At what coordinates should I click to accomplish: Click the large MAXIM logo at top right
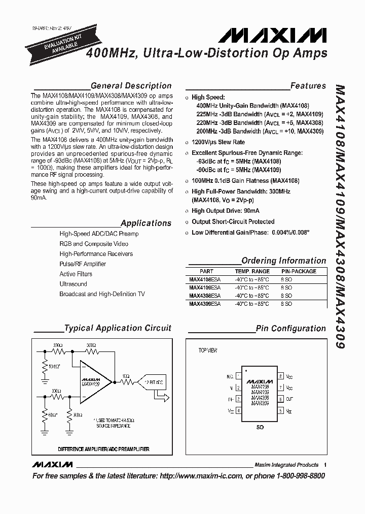coord(272,36)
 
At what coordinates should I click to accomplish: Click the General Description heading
coord(131,86)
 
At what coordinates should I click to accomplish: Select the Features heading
coord(308,86)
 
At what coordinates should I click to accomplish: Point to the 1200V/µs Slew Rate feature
coord(218,142)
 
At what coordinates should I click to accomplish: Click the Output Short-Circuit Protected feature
coord(233,221)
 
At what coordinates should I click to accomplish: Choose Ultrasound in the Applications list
coord(73,284)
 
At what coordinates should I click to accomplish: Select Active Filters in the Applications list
coord(76,274)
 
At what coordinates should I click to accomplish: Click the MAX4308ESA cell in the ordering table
coord(205,295)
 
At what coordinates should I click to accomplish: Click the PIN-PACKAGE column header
coord(299,271)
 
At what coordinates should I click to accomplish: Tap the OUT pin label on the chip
coord(289,400)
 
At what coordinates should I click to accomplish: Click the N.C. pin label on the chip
coord(230,377)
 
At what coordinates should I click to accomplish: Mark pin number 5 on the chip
coord(280,410)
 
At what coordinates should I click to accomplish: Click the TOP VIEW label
coord(207,350)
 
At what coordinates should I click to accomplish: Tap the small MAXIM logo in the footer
coord(52,465)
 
